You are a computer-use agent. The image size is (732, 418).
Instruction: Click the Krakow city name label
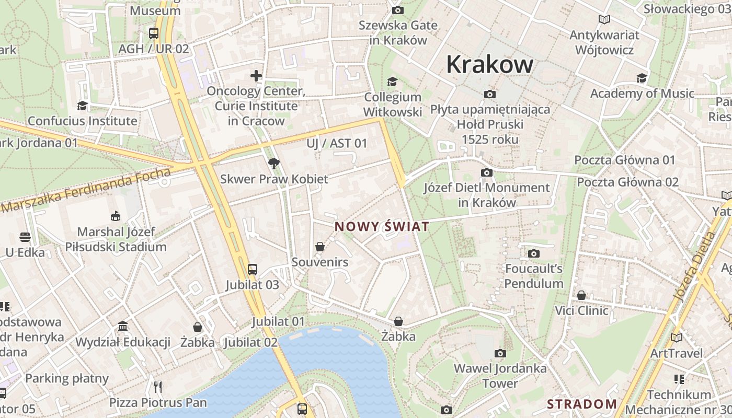pos(489,65)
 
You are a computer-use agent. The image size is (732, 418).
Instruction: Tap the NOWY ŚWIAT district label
pos(382,227)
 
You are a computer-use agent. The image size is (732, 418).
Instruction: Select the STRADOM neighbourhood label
pos(582,404)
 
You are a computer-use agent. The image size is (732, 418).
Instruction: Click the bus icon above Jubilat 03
pos(253,270)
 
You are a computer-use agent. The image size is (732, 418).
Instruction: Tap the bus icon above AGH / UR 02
pos(154,33)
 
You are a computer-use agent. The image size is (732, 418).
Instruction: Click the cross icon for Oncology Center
pos(256,76)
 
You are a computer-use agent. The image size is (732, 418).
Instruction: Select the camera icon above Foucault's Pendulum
pos(534,254)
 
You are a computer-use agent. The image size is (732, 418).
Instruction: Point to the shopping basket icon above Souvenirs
pos(320,247)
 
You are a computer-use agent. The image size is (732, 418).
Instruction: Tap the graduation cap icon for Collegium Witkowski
pos(392,82)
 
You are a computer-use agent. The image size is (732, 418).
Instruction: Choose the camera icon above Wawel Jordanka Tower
pos(500,353)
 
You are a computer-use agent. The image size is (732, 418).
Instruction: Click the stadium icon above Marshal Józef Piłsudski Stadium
pos(115,216)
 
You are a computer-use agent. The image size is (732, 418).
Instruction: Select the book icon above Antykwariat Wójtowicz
pos(604,20)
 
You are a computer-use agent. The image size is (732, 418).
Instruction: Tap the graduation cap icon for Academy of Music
pos(642,78)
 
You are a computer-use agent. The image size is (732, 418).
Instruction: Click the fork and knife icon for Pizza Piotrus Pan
pos(158,387)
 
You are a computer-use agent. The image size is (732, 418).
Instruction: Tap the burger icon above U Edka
pos(25,237)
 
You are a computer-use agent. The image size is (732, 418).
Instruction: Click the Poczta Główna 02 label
pos(627,182)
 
